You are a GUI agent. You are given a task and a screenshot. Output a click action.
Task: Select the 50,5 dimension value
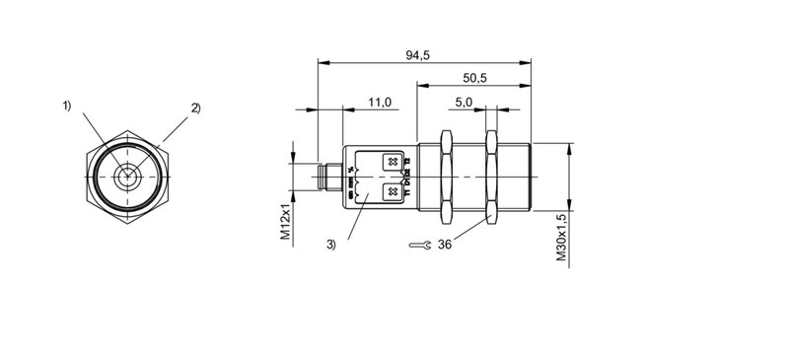[475, 77]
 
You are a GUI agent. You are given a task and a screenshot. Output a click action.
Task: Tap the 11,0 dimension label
[380, 102]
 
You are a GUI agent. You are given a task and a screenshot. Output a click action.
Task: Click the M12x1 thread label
[283, 220]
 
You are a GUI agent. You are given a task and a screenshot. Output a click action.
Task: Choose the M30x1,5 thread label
[560, 238]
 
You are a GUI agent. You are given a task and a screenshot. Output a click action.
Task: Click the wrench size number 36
[445, 245]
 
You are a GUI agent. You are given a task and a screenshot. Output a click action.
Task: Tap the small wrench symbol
[418, 246]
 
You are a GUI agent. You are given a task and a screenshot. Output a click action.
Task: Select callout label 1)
[68, 105]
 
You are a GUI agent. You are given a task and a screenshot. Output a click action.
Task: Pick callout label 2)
[194, 108]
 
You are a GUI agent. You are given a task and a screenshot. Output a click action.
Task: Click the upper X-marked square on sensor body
[392, 162]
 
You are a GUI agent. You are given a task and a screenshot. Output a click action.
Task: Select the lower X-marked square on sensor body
[392, 191]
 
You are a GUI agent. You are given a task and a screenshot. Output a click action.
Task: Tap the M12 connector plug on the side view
[326, 177]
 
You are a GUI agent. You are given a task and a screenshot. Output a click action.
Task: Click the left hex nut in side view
[445, 177]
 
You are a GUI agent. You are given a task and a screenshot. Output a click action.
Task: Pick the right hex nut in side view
[491, 177]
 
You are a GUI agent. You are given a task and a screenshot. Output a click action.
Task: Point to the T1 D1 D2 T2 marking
[407, 177]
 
